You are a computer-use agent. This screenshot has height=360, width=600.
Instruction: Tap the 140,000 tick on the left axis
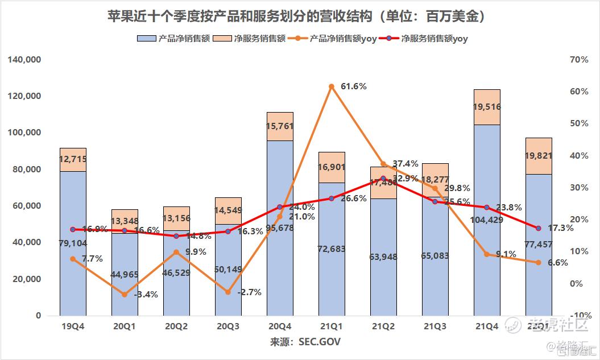pos(24,60)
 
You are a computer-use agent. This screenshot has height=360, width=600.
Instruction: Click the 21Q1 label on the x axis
pos(331,326)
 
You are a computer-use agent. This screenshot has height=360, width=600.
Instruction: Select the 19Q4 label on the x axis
pos(72,326)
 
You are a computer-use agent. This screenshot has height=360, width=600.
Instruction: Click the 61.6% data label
pos(353,86)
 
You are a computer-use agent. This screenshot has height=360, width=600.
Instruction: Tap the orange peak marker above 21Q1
pos(332,86)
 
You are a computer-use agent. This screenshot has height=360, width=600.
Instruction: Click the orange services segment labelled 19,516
pos(487,107)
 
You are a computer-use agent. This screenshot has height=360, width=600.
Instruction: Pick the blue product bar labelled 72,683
pos(332,249)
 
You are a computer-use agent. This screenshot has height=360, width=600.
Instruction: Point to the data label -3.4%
pos(146,295)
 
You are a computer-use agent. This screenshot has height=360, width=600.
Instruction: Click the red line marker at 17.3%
pos(539,228)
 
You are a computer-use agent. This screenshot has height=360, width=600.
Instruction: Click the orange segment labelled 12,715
pos(73,160)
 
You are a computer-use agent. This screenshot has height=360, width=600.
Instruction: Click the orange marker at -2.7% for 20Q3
pos(228,292)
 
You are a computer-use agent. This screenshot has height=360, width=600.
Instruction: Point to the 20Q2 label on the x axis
pos(176,326)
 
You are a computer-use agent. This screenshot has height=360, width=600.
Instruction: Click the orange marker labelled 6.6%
pos(539,262)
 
